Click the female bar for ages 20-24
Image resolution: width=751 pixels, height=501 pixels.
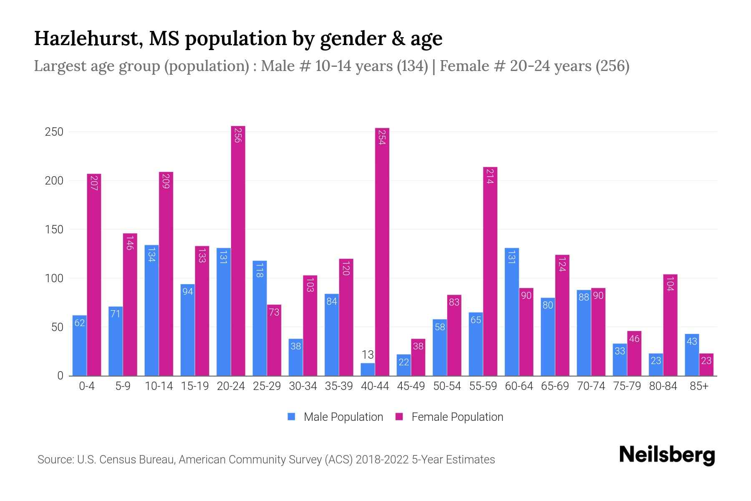click(x=238, y=250)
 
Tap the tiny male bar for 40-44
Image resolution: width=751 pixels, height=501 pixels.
click(x=368, y=369)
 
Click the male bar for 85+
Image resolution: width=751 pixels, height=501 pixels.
click(x=692, y=355)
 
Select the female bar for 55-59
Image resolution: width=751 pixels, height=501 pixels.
click(x=490, y=271)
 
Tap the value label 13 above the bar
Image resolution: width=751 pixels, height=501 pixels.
click(x=368, y=355)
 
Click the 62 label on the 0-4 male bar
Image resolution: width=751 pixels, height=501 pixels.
click(x=79, y=323)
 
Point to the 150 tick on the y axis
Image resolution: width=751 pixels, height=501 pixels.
click(x=54, y=230)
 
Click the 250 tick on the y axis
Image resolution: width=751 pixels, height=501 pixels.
click(x=54, y=132)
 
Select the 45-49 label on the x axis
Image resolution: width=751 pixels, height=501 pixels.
click(x=411, y=386)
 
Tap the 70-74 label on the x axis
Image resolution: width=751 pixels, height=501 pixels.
click(x=591, y=386)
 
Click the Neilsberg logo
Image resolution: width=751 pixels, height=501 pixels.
click(x=667, y=455)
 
